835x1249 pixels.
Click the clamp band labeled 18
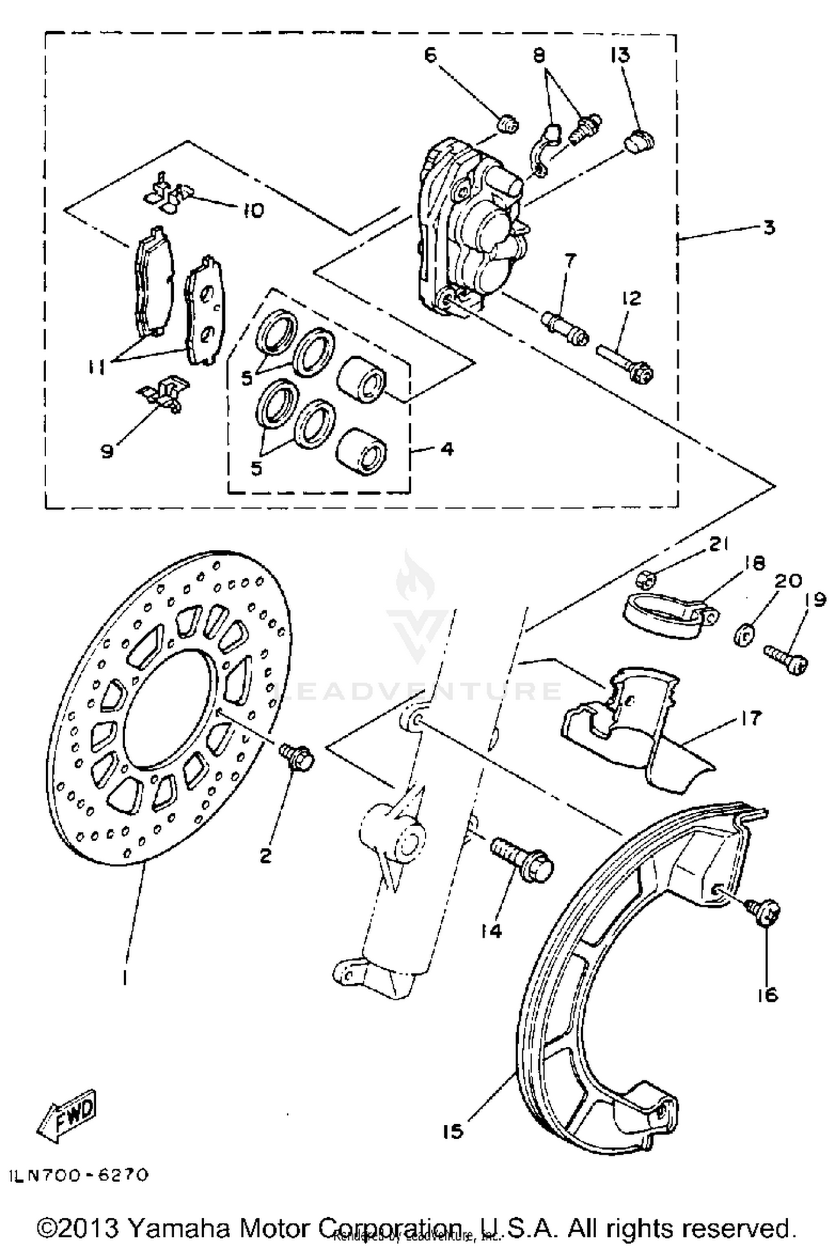click(x=667, y=616)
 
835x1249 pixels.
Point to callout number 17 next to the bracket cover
click(x=750, y=718)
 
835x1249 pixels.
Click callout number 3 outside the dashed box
click(x=769, y=228)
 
